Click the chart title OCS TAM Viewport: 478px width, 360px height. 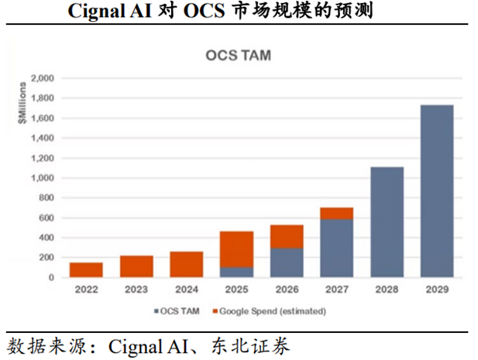[238, 55]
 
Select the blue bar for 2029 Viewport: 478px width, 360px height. [437, 190]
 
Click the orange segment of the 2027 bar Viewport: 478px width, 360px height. [336, 213]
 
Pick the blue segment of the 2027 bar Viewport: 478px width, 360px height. [336, 248]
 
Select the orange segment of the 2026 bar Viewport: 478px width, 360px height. [286, 236]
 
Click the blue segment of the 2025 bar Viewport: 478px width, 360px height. [236, 272]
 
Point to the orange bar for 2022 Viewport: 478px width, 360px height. [86, 269]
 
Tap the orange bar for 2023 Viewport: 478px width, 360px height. [136, 266]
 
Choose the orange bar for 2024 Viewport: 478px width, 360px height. [186, 264]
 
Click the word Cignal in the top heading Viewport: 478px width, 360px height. [98, 12]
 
